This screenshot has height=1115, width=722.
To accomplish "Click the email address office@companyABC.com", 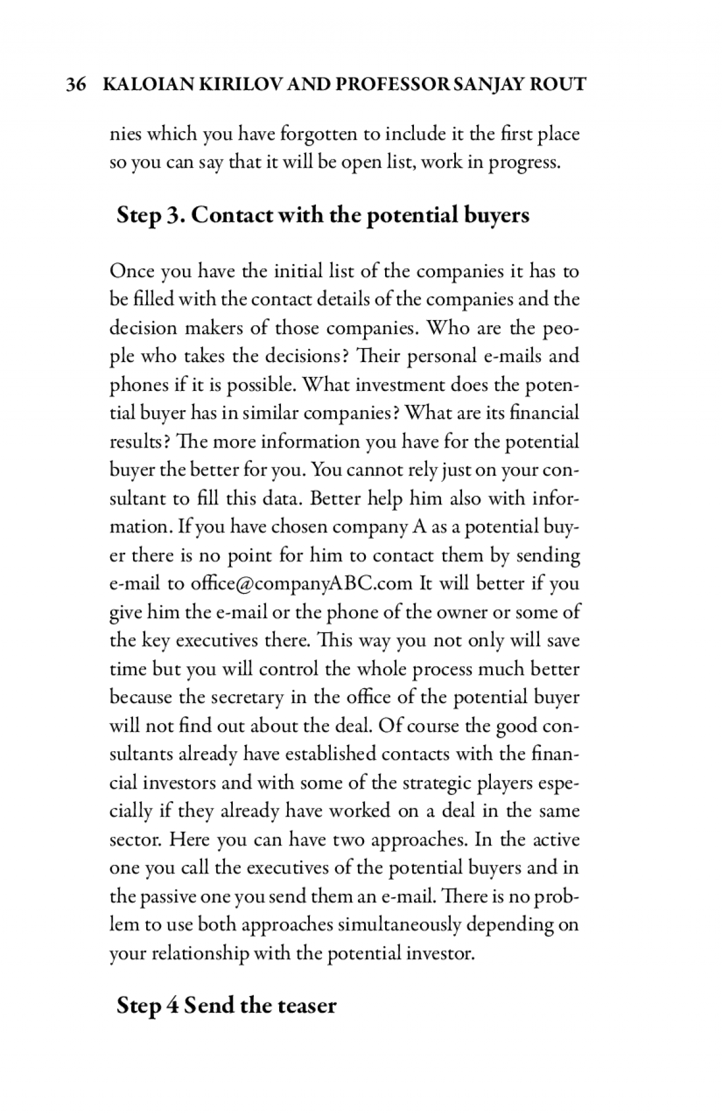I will [301, 584].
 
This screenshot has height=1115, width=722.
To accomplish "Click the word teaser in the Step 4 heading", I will [307, 1006].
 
